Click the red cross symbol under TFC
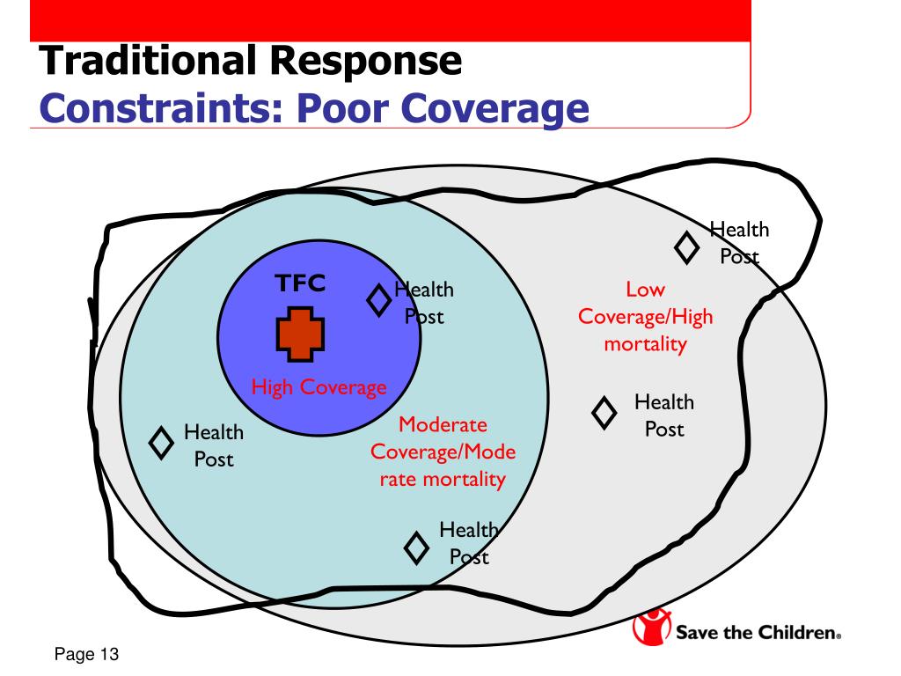(x=301, y=335)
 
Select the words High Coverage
(x=319, y=387)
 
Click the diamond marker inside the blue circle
(x=379, y=300)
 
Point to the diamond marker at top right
(x=686, y=247)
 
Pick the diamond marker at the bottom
(x=416, y=549)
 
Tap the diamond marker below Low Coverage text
(x=604, y=412)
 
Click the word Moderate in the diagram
(x=443, y=425)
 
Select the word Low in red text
(x=645, y=289)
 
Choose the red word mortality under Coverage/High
(x=645, y=343)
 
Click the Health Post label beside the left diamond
(x=214, y=445)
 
